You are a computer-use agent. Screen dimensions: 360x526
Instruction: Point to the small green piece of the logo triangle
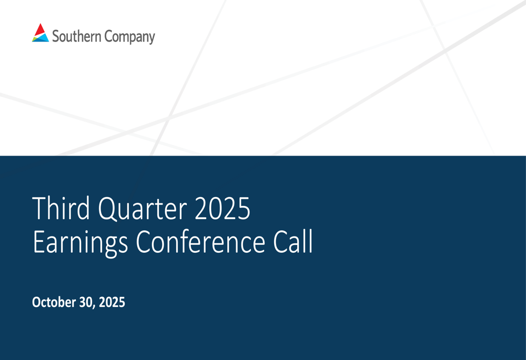coord(35,37)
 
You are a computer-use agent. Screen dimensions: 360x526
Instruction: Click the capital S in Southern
coord(56,37)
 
